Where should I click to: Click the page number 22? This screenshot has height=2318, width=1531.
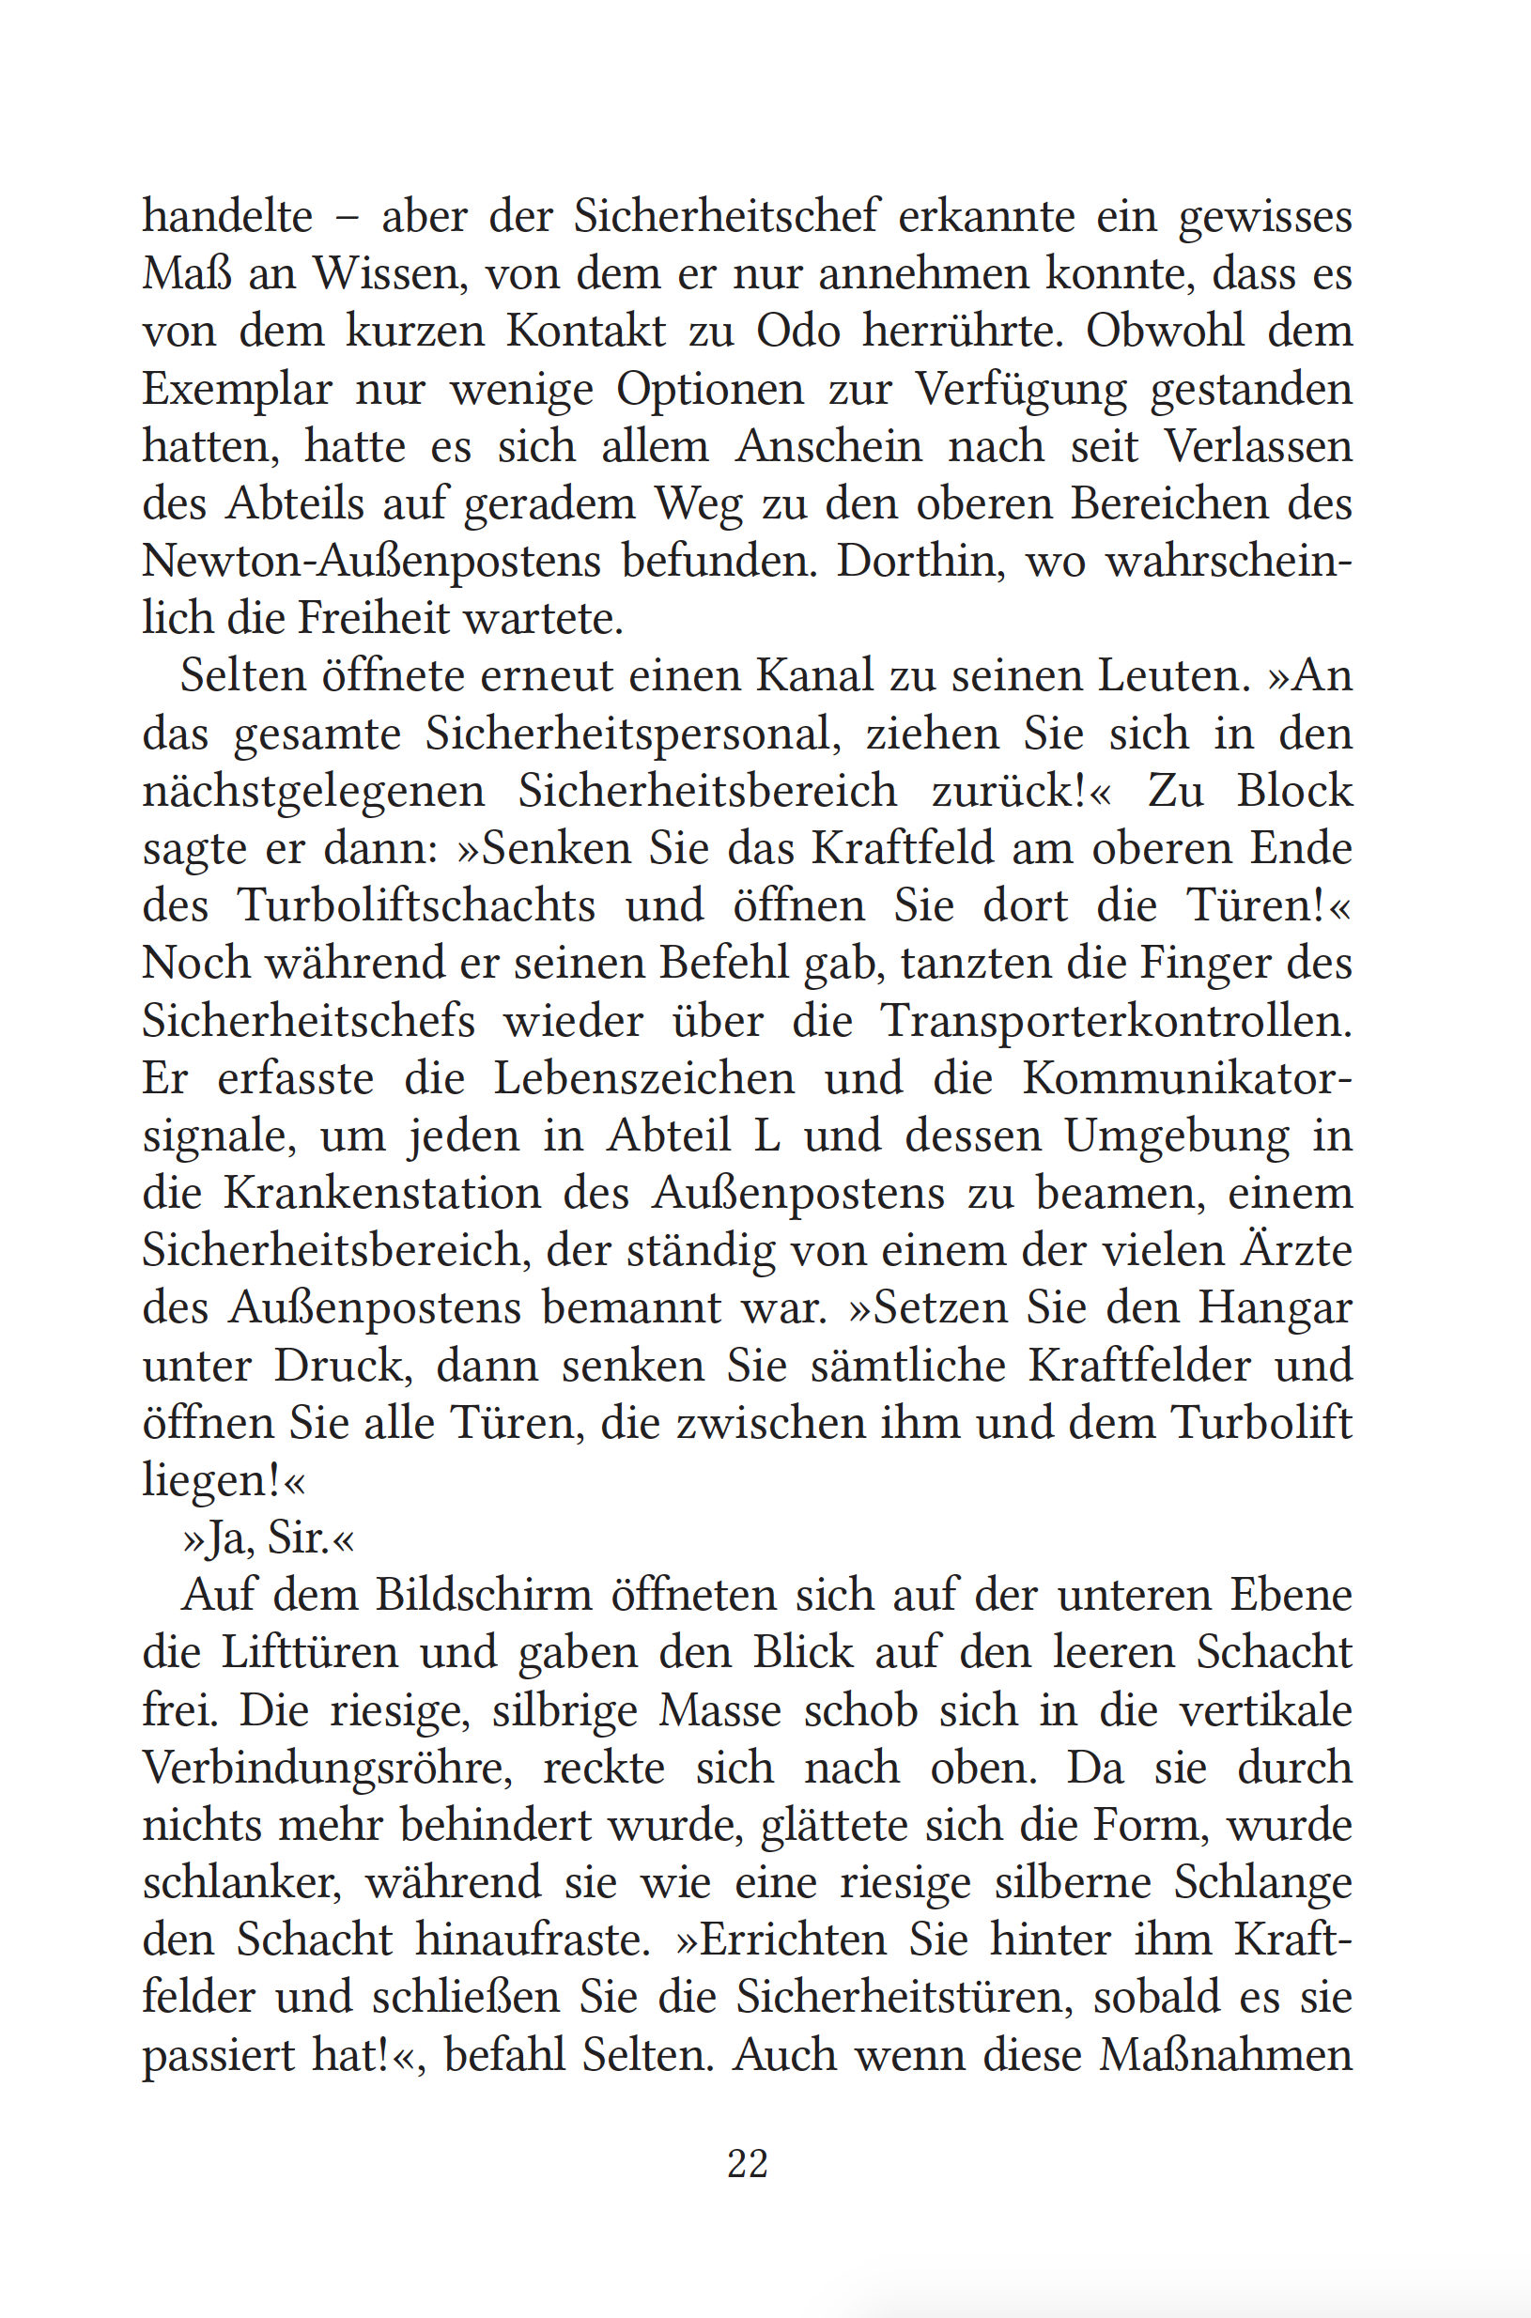747,2163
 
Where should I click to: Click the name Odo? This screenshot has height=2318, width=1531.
797,331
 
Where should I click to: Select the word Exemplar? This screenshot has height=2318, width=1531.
237,390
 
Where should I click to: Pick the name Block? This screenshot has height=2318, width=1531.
1293,791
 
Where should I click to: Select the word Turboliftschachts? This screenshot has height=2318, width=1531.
417,905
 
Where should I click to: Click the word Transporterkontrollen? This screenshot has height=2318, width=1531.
1116,1021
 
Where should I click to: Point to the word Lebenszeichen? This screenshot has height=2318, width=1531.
643,1079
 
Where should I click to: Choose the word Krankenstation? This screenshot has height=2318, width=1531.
381,1193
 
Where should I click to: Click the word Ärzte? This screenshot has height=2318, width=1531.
1295,1250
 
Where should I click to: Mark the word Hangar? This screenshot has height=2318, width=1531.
1275,1308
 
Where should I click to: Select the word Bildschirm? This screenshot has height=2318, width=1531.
485,1596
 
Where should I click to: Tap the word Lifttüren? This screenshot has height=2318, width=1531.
310,1653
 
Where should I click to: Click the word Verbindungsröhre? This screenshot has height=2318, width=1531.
327,1769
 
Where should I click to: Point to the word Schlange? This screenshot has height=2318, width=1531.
1262,1882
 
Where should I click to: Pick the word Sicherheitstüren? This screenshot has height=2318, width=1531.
905,1997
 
